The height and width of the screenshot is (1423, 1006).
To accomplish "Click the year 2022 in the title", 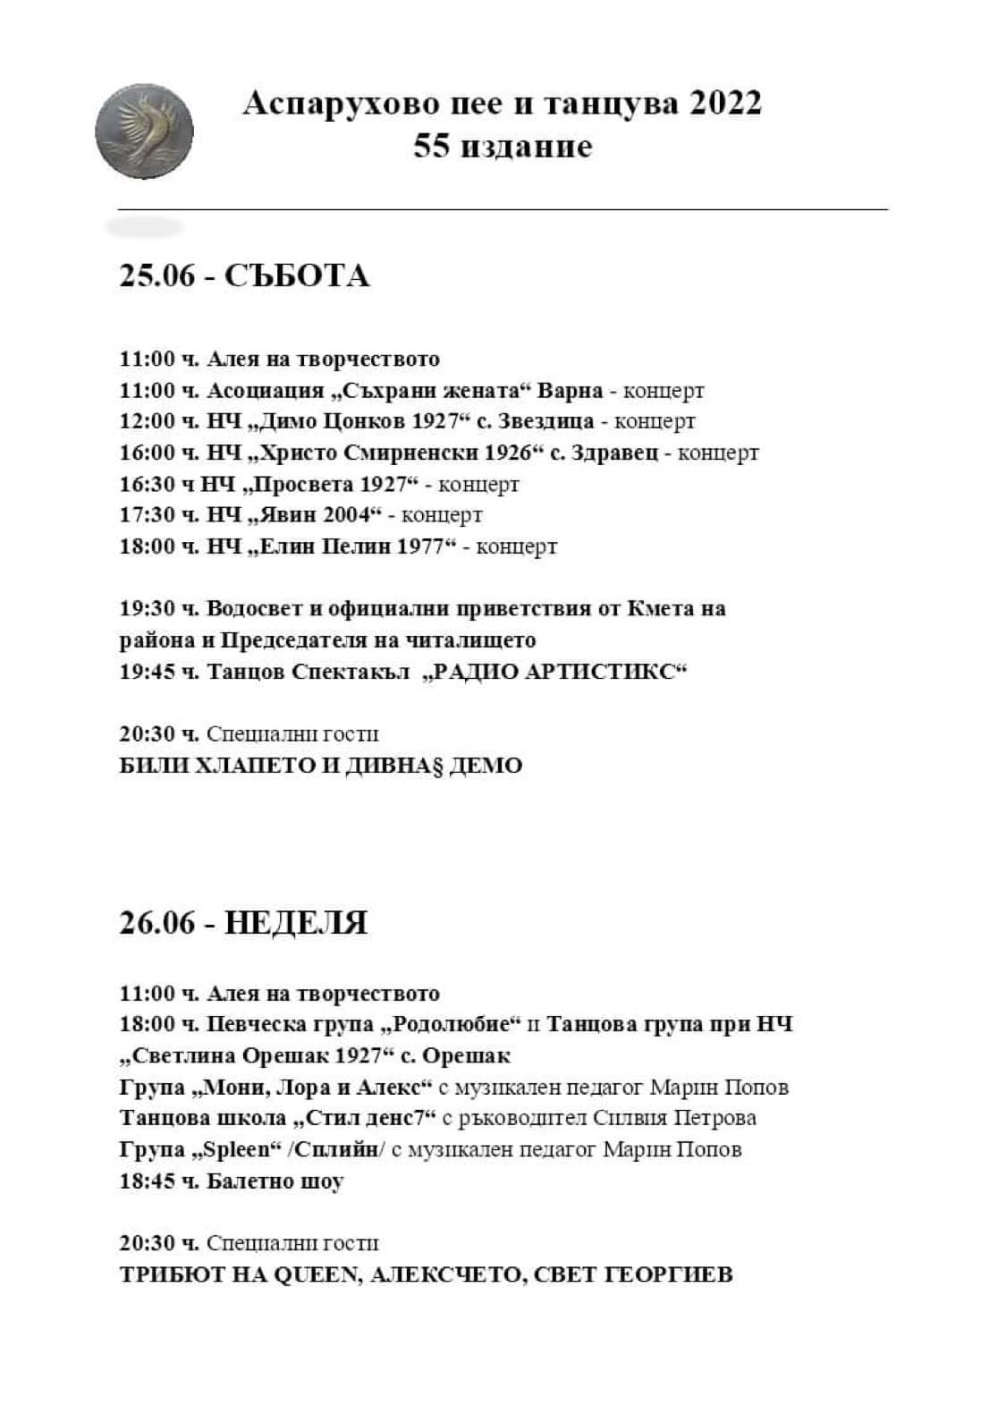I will click(724, 104).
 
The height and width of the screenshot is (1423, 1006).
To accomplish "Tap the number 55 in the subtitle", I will click(431, 146).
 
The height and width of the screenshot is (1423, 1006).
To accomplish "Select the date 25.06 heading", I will click(156, 275).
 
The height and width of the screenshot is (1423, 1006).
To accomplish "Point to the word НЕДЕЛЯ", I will click(296, 923).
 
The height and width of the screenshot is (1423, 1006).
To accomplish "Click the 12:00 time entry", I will click(148, 421).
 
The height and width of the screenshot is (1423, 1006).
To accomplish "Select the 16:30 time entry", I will click(148, 484).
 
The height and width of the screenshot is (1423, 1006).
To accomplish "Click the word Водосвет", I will click(255, 609).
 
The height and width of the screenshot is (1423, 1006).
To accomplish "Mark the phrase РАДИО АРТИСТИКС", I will click(554, 672).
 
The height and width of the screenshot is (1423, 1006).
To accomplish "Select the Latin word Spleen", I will click(230, 1149).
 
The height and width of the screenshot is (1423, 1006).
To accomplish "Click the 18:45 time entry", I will click(148, 1182).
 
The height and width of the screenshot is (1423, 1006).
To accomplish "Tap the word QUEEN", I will click(314, 1275).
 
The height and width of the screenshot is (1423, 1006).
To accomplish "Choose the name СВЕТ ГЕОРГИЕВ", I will click(632, 1275).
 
